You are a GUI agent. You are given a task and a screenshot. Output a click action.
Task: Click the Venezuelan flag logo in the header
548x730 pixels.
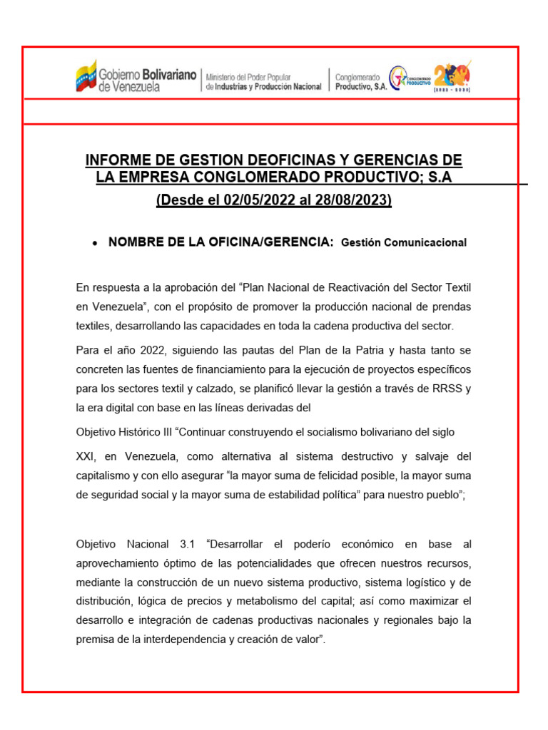[x=86, y=76]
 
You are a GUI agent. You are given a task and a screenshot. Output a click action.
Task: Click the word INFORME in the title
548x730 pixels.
[x=115, y=160]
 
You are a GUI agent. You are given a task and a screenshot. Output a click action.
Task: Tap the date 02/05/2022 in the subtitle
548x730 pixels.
[x=246, y=200]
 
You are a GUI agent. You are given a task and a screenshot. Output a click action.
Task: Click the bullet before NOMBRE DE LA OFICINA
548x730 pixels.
[x=95, y=243]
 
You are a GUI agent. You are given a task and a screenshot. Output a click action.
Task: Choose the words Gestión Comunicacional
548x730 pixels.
[x=404, y=242]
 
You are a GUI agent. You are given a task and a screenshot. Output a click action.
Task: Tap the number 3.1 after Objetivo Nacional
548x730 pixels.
[x=187, y=544]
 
